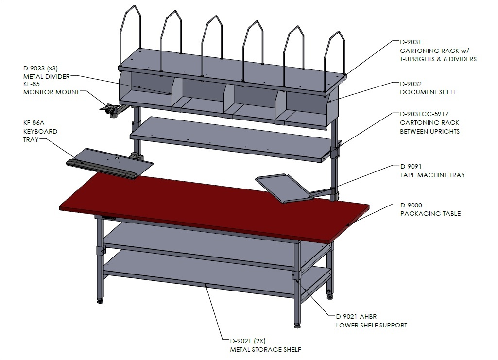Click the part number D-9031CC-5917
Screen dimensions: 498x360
424,114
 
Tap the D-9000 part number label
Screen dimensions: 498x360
412,206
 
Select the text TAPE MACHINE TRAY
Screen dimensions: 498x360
432,175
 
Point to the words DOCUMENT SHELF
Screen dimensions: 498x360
428,92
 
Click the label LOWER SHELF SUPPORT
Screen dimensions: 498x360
372,326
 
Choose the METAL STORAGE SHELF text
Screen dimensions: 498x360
265,349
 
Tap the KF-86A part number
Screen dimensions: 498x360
34,123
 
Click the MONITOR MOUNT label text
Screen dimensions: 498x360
51,92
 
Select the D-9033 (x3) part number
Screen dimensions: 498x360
41,68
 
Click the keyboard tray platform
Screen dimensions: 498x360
110,163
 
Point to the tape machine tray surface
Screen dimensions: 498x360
283,188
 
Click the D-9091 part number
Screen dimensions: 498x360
411,166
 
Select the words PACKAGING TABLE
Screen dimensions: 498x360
430,214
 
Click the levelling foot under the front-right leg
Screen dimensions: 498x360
298,325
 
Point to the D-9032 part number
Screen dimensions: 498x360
411,84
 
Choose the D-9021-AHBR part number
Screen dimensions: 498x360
356,316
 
